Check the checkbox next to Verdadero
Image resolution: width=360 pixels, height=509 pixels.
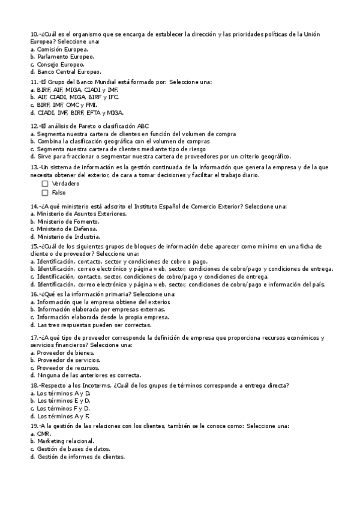click(x=45, y=184)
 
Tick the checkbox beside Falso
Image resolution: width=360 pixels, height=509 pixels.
click(x=45, y=193)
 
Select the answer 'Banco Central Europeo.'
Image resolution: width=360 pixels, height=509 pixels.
click(x=67, y=71)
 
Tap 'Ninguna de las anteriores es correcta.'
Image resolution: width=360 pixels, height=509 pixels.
click(x=89, y=375)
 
